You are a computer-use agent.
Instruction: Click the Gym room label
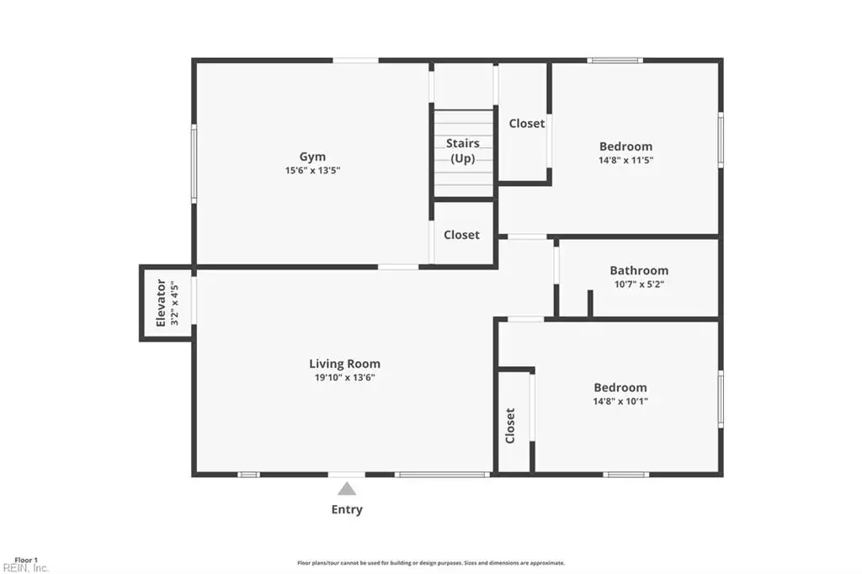(x=312, y=157)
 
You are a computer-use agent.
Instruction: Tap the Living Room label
(x=344, y=364)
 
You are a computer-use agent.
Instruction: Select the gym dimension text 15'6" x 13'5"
(x=312, y=171)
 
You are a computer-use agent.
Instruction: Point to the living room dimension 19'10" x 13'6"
(x=344, y=377)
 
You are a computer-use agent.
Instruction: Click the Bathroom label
(x=640, y=270)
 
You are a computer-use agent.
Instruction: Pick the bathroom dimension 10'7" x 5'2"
(x=640, y=284)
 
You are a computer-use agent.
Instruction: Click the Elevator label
(x=161, y=303)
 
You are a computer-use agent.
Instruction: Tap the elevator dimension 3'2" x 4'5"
(x=174, y=303)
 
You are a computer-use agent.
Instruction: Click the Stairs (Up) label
(x=463, y=151)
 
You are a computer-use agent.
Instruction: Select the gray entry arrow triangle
(x=346, y=488)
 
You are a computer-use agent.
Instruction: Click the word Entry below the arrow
(x=347, y=510)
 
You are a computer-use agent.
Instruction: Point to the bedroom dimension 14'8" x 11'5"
(x=626, y=160)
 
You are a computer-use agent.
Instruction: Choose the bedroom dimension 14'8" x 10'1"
(x=620, y=401)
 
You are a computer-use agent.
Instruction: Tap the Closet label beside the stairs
(x=527, y=124)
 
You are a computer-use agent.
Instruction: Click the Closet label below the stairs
(x=462, y=235)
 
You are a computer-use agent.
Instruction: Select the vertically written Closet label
(x=510, y=426)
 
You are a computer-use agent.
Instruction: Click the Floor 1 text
(x=26, y=561)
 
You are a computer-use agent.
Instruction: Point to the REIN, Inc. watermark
(x=25, y=568)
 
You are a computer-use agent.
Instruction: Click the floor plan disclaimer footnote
(x=431, y=563)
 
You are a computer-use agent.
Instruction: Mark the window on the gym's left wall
(x=194, y=163)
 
